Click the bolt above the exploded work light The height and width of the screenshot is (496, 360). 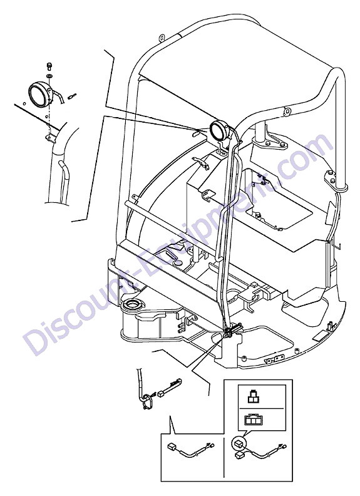(49, 66)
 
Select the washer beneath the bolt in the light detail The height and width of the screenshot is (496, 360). (49, 76)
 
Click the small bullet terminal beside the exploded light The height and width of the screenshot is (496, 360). (72, 95)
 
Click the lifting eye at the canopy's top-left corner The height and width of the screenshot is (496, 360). (161, 38)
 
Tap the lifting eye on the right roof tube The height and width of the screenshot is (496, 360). (287, 111)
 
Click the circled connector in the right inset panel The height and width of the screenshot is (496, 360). (239, 445)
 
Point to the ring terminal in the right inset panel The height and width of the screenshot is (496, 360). (282, 447)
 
